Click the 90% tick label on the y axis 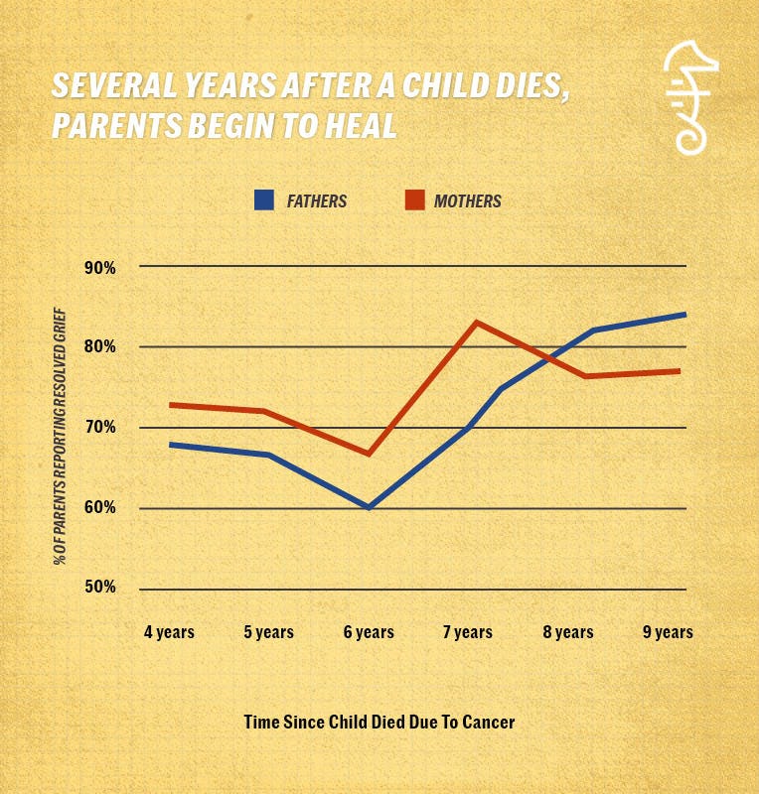click(x=99, y=267)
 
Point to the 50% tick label click(x=99, y=588)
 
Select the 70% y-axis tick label click(x=99, y=427)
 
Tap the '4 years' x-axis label click(x=169, y=632)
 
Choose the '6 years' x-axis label click(x=369, y=632)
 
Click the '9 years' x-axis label click(x=668, y=632)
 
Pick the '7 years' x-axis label click(x=468, y=632)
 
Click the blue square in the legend click(x=263, y=200)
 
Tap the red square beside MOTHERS click(x=414, y=200)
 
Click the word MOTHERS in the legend click(x=467, y=200)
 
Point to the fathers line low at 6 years click(x=369, y=507)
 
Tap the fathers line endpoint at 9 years click(x=684, y=315)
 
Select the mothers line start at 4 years click(x=170, y=405)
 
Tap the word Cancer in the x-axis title click(x=489, y=722)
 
